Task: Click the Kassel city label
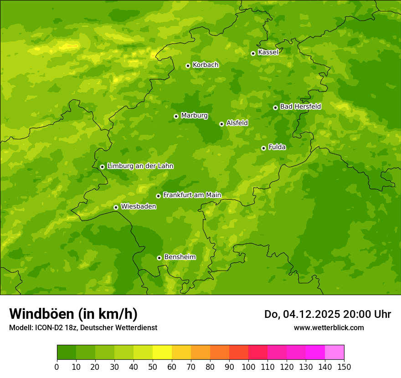point(268,52)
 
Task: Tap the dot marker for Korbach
point(188,66)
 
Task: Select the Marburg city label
point(194,116)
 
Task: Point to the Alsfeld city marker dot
point(221,124)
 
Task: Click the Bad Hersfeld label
point(300,107)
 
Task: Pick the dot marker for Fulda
point(263,148)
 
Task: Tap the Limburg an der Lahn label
point(140,166)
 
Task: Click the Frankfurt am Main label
point(192,195)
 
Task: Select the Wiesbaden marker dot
point(116,207)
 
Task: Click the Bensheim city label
point(180,257)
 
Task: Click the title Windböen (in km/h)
point(73,314)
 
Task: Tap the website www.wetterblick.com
point(329,327)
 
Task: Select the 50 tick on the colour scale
point(153,367)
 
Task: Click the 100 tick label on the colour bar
point(248,367)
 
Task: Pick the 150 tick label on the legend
point(344,367)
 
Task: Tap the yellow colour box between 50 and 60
point(162,352)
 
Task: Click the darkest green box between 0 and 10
point(67,352)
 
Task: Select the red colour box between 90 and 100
point(239,352)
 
